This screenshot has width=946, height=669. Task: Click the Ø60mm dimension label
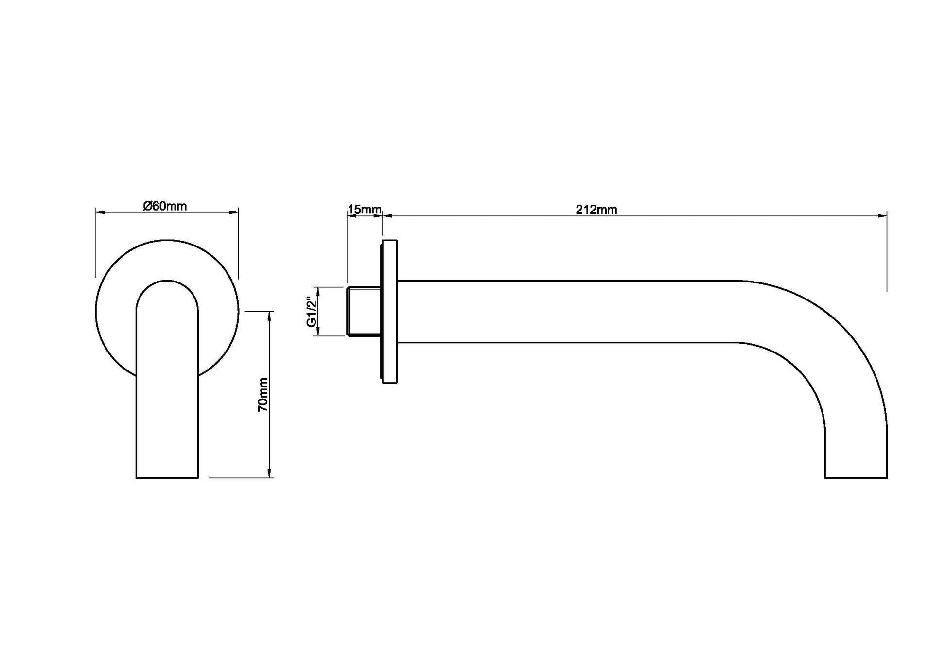tap(165, 206)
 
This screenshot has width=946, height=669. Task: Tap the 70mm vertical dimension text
tap(263, 394)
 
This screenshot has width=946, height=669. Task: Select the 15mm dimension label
tap(365, 210)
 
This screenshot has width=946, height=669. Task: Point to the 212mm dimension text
tap(596, 210)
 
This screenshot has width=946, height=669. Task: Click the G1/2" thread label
tap(312, 312)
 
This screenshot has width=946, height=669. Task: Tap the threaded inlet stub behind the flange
tap(364, 312)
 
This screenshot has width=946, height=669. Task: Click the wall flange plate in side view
tap(389, 312)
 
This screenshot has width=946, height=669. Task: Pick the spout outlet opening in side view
tap(856, 478)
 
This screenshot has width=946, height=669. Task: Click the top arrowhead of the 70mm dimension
tap(269, 317)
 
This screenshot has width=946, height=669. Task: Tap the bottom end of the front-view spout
tap(167, 478)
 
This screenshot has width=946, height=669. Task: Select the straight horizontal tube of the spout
tap(568, 312)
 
